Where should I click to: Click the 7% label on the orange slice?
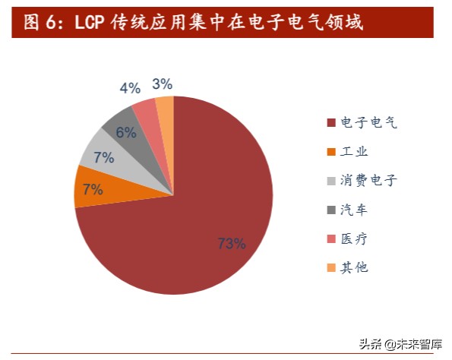click(93, 189)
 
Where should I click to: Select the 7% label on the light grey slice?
click(103, 158)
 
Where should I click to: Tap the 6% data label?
click(126, 132)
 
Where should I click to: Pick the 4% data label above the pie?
click(130, 88)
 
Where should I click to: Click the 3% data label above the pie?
click(162, 84)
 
